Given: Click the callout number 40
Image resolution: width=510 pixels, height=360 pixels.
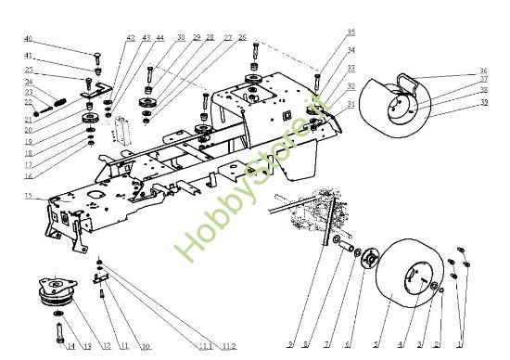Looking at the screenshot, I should click(x=28, y=39).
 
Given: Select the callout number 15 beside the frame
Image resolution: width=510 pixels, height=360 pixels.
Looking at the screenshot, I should click(x=29, y=196).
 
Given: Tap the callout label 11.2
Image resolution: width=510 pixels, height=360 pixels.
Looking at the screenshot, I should click(x=228, y=346).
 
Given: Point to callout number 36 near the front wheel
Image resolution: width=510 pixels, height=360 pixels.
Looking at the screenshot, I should click(x=483, y=71).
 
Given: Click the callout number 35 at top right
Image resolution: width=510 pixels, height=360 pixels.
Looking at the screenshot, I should click(x=325, y=32).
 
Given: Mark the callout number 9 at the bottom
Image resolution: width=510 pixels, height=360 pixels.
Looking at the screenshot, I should click(x=290, y=346).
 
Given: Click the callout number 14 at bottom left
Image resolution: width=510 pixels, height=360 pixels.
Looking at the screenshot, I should click(x=70, y=346).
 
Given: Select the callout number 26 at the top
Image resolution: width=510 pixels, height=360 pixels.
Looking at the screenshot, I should click(x=242, y=38).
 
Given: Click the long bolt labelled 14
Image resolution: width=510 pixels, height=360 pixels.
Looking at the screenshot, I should click(x=60, y=326).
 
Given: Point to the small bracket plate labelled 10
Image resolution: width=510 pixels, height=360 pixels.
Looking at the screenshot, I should click(x=105, y=276).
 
